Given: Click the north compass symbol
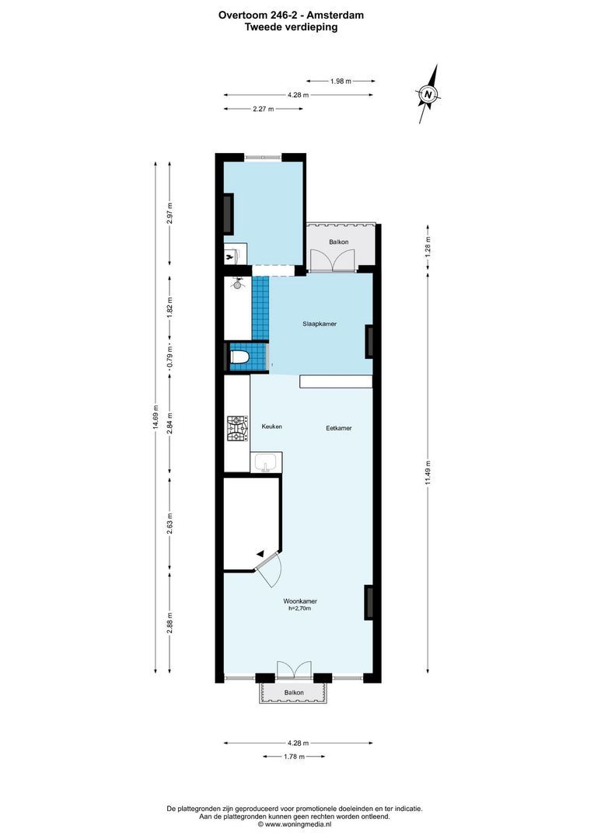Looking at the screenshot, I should pos(428,95).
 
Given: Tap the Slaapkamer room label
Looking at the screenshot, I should pos(320,324).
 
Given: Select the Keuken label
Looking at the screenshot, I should pos(271,426).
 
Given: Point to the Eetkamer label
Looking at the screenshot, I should pos(339,427).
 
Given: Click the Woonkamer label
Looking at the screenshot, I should pos(299,601).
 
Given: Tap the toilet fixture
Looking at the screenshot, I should pos(239,358).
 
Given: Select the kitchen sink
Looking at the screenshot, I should pos(266,465).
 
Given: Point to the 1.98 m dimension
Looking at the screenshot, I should pos(341,81).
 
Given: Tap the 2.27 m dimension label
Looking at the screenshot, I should pos(263,110).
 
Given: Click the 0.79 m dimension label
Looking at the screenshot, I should pos(170,359).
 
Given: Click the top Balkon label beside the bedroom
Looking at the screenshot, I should pos(338,242).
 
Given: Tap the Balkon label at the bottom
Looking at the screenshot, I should pos(293,692).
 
